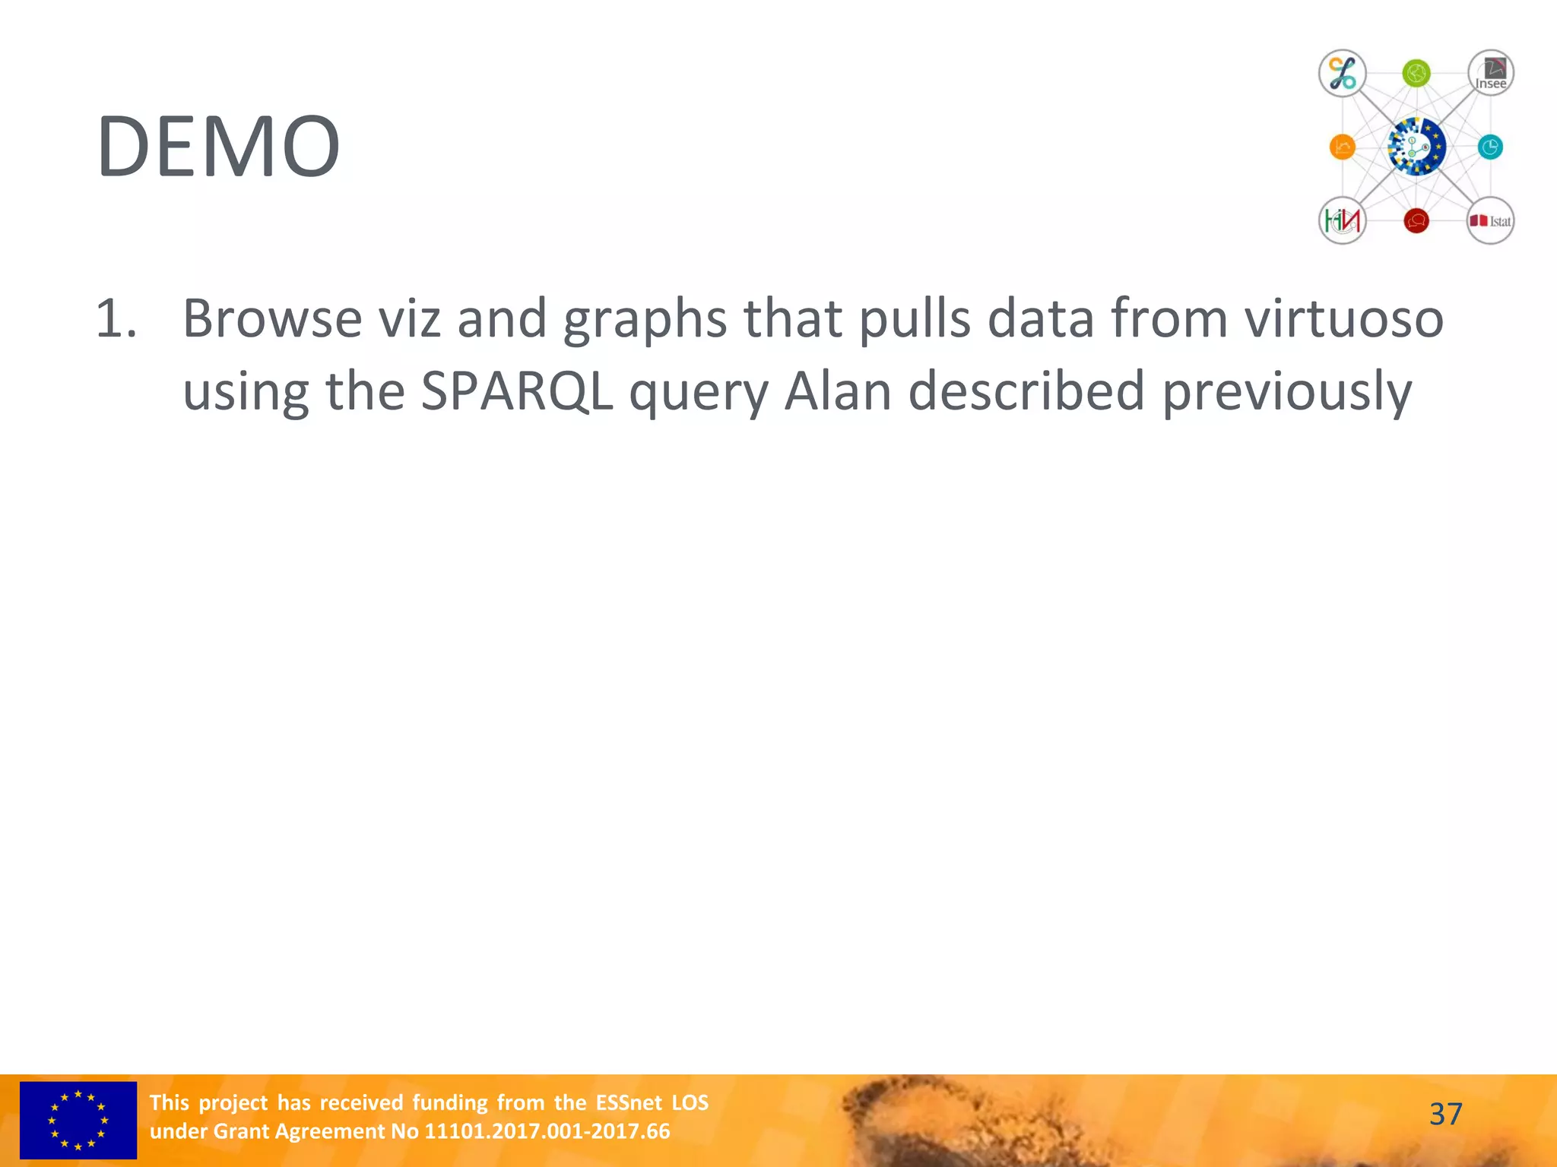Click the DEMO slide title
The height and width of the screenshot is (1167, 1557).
[x=218, y=147]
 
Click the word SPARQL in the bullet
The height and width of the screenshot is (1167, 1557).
[x=516, y=391]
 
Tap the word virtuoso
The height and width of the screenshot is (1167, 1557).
[x=1343, y=318]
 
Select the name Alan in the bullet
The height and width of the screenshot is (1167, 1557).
[x=837, y=391]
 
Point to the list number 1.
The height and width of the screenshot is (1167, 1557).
[x=116, y=318]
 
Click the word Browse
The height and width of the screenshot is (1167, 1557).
[x=272, y=318]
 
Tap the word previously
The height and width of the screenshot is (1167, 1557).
[x=1286, y=393]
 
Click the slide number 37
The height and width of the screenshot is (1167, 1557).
[x=1445, y=1115]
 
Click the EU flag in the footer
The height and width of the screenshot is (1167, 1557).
[x=78, y=1120]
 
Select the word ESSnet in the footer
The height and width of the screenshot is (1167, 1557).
[x=629, y=1102]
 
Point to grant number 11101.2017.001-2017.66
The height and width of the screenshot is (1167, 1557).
[x=547, y=1131]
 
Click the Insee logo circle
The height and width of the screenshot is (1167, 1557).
[x=1490, y=74]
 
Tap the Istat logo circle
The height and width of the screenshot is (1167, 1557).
[x=1490, y=220]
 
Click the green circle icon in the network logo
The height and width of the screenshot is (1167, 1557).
[x=1416, y=74]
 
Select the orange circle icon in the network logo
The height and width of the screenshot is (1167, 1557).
[x=1343, y=147]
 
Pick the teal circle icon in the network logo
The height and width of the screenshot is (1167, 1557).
[x=1490, y=147]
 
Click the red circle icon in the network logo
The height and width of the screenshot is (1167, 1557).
[x=1416, y=220]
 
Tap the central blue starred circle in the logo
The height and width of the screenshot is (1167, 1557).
[x=1416, y=147]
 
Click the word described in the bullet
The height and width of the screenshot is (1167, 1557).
[x=1026, y=391]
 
